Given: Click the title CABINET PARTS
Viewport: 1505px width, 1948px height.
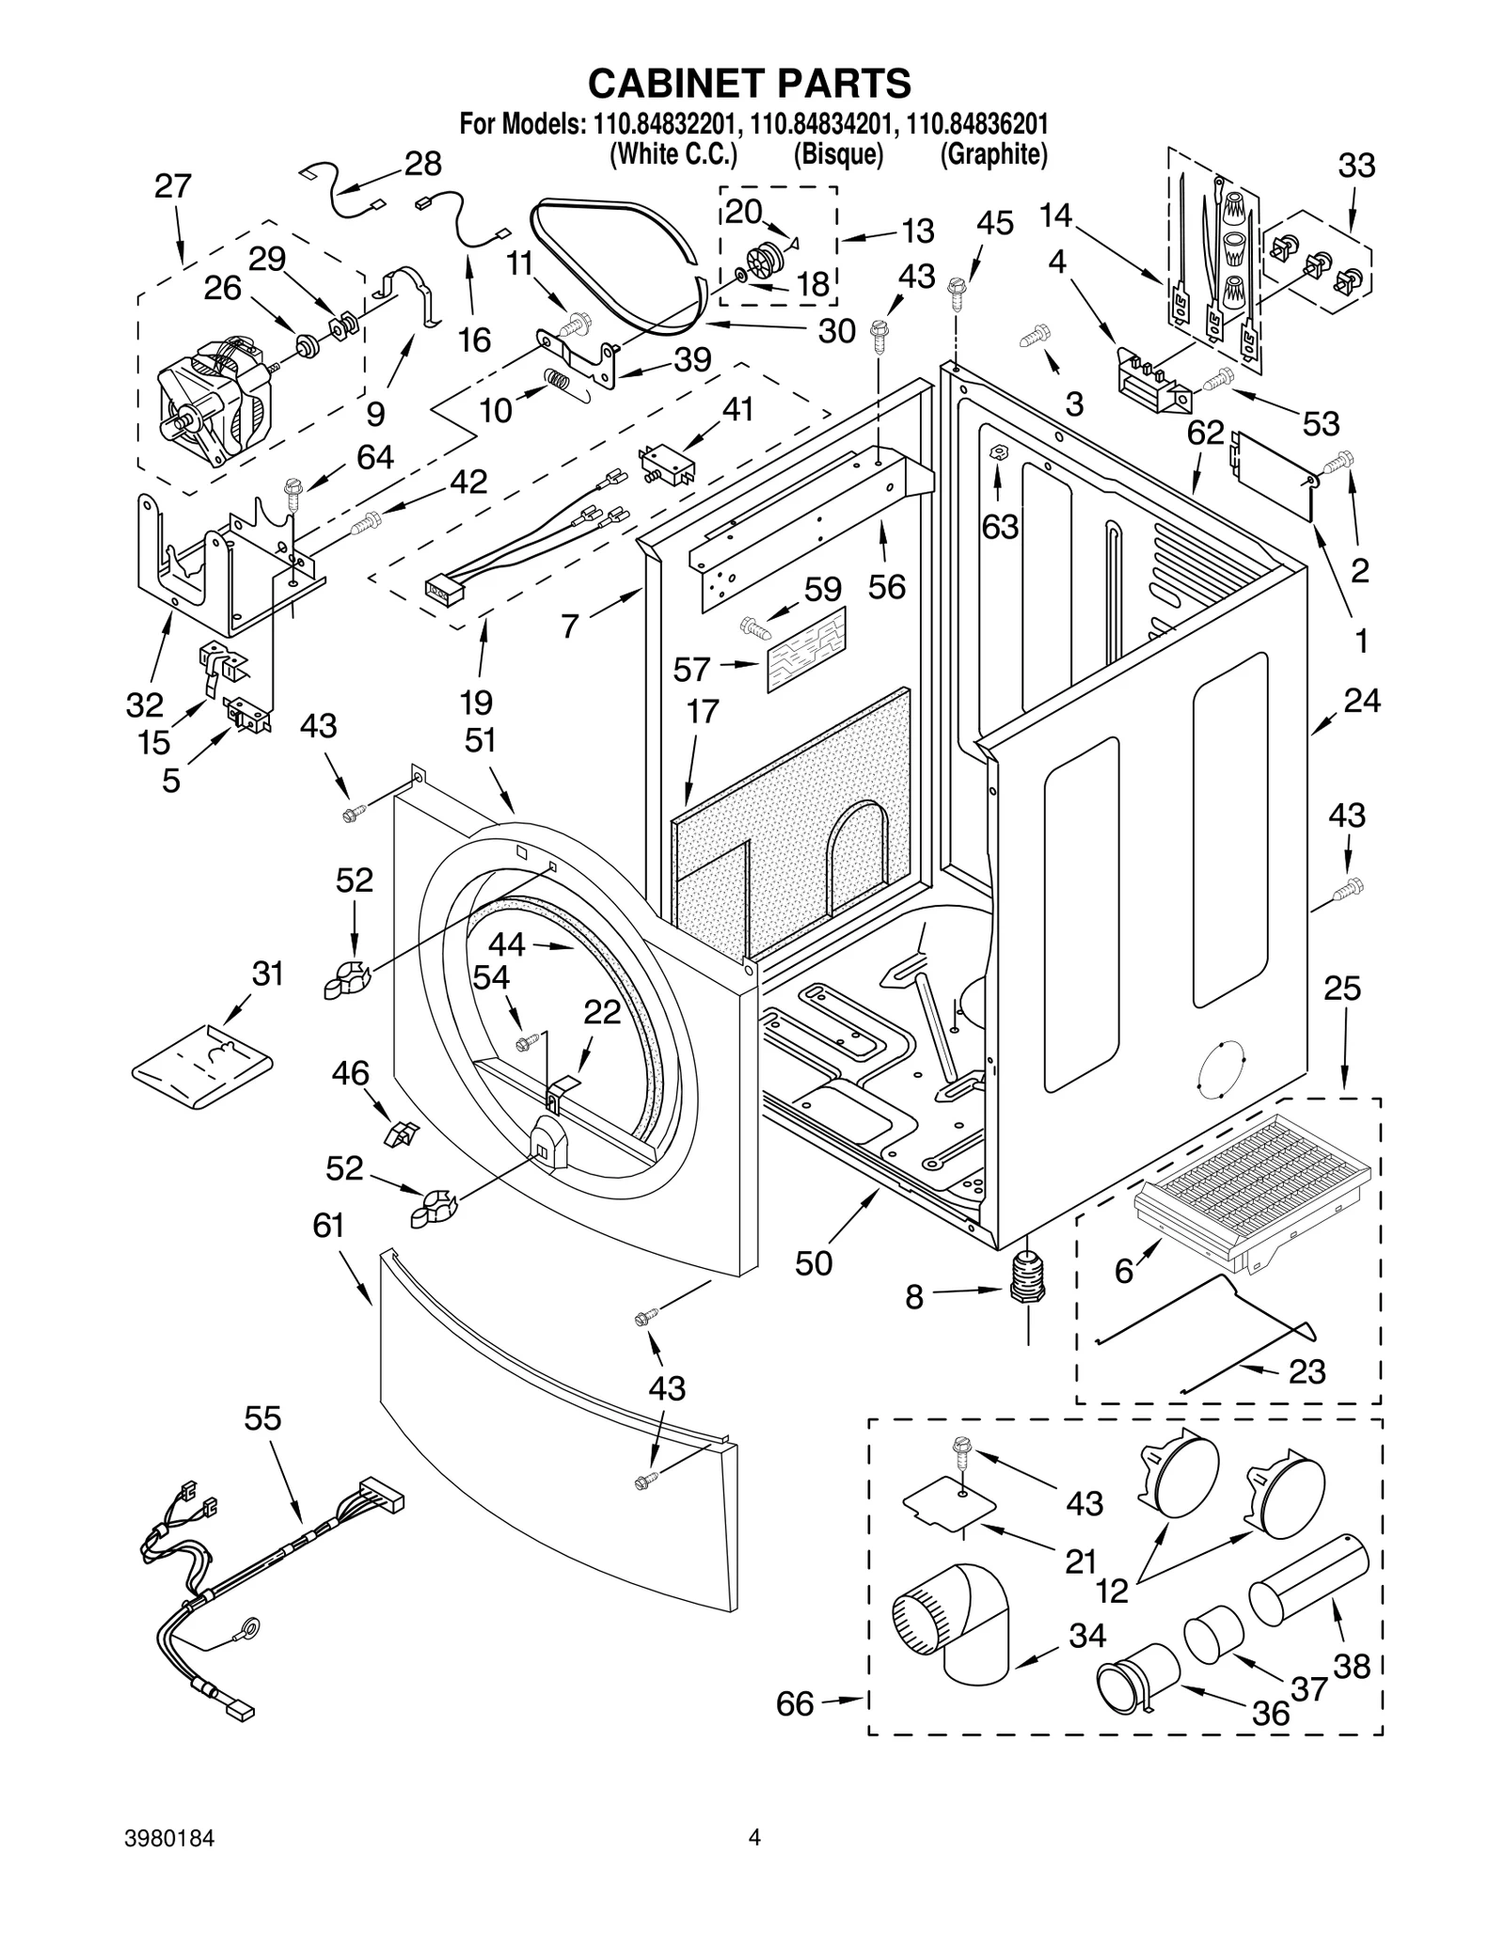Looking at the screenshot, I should (x=750, y=83).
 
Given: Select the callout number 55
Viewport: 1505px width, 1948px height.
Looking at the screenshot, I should (x=262, y=1418).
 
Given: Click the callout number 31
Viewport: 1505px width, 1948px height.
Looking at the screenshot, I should (x=267, y=974).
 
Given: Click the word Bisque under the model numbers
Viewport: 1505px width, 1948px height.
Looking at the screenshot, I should (x=838, y=153).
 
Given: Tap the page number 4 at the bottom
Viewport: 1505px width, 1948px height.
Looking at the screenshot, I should (x=753, y=1863).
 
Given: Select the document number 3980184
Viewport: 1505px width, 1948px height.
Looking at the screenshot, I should (x=169, y=1863).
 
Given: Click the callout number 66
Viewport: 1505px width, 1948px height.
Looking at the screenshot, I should (x=795, y=1704).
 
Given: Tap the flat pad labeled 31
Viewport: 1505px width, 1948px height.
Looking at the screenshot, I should (x=201, y=1067).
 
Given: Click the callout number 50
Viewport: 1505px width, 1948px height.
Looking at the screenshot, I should (x=814, y=1263).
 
